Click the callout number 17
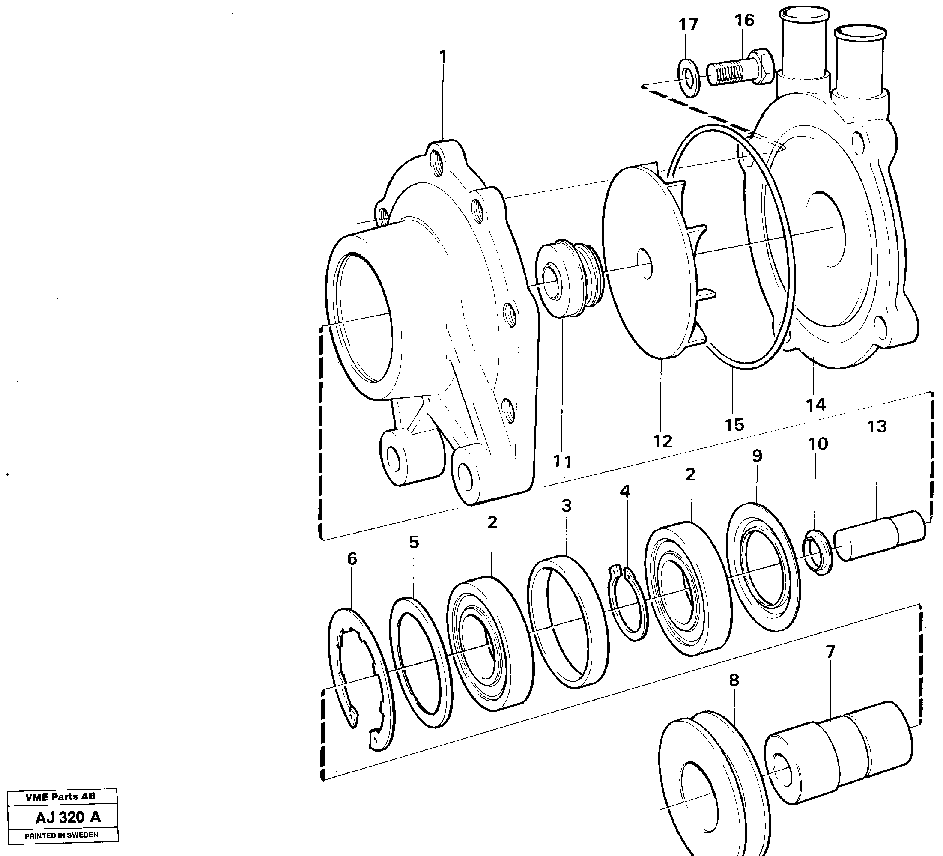pos(688,25)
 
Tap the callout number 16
pos(744,20)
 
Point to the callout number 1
pos(442,57)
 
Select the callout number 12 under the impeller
pos(662,441)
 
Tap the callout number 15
pos(734,425)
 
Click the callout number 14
pos(816,405)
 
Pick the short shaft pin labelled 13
pos(879,536)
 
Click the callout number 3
pos(566,506)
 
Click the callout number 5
pos(414,542)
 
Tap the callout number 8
pos(734,680)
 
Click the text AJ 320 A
pos(68,817)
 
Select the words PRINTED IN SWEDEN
pos(61,835)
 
